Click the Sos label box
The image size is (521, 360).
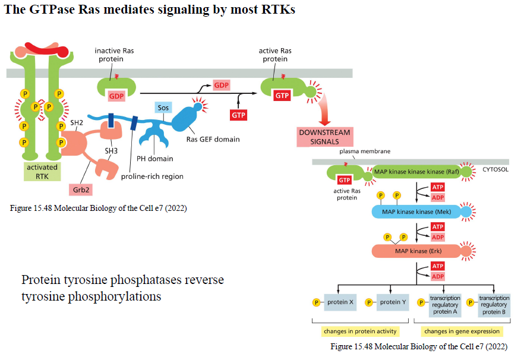coord(163,108)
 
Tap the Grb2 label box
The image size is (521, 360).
coord(81,190)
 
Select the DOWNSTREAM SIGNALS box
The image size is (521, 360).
coord(324,137)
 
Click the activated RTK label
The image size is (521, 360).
coord(42,172)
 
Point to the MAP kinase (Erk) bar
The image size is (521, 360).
coord(418,251)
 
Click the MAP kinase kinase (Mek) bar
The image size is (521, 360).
coord(416,211)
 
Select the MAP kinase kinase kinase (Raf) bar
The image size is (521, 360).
coord(416,172)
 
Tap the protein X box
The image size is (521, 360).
coord(340,302)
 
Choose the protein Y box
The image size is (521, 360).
coord(393,302)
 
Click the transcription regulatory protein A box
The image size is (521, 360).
coord(445,305)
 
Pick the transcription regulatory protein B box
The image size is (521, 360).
coord(494,305)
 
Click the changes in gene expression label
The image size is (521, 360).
coord(462,331)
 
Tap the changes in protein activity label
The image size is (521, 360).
coord(360,331)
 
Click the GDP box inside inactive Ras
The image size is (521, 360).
coord(116,96)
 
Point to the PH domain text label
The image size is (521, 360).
coord(155,159)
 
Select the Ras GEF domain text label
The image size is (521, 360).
coord(213,139)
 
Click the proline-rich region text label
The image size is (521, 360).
coord(152,176)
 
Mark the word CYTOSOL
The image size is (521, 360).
coord(495,169)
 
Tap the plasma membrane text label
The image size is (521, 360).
coord(365,151)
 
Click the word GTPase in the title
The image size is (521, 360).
coord(52,9)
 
